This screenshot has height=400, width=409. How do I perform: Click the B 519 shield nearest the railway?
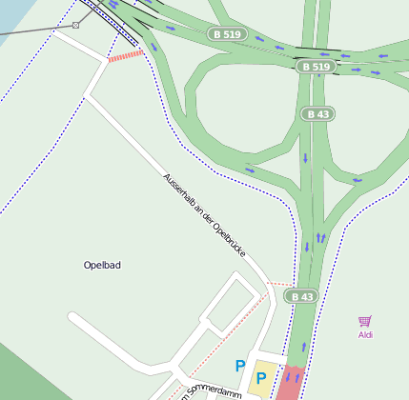[x=228, y=34]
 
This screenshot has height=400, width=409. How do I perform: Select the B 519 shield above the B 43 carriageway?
[x=315, y=67]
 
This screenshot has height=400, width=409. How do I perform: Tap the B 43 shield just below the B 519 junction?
[x=318, y=114]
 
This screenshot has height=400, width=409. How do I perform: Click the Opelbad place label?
[x=102, y=265]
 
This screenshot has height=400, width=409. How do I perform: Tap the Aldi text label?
[x=365, y=334]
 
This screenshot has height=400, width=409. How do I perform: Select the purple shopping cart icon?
[x=364, y=322]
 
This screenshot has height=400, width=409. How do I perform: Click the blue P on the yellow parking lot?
[x=261, y=379]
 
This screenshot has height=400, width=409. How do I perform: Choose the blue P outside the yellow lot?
[x=240, y=366]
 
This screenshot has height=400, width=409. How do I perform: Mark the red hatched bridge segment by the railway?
[x=125, y=57]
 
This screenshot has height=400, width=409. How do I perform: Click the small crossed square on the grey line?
[x=76, y=25]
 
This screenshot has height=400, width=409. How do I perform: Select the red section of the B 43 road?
[x=290, y=384]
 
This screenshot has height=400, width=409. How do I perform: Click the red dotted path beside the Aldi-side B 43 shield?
[x=279, y=284]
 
